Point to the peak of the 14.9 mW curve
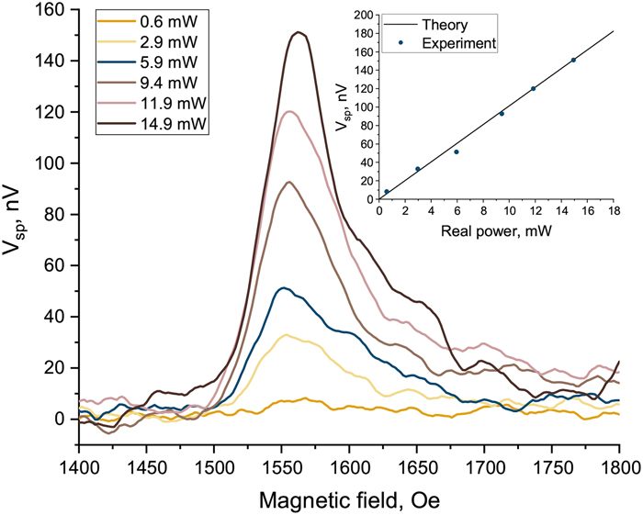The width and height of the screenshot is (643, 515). pos(298,32)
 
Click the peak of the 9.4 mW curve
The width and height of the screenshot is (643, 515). pos(289,182)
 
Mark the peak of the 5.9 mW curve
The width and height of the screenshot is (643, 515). pos(284,287)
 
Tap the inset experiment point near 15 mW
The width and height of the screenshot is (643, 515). pos(573,60)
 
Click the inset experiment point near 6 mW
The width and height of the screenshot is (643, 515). pos(456,151)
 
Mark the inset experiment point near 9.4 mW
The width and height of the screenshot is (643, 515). pos(502,114)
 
